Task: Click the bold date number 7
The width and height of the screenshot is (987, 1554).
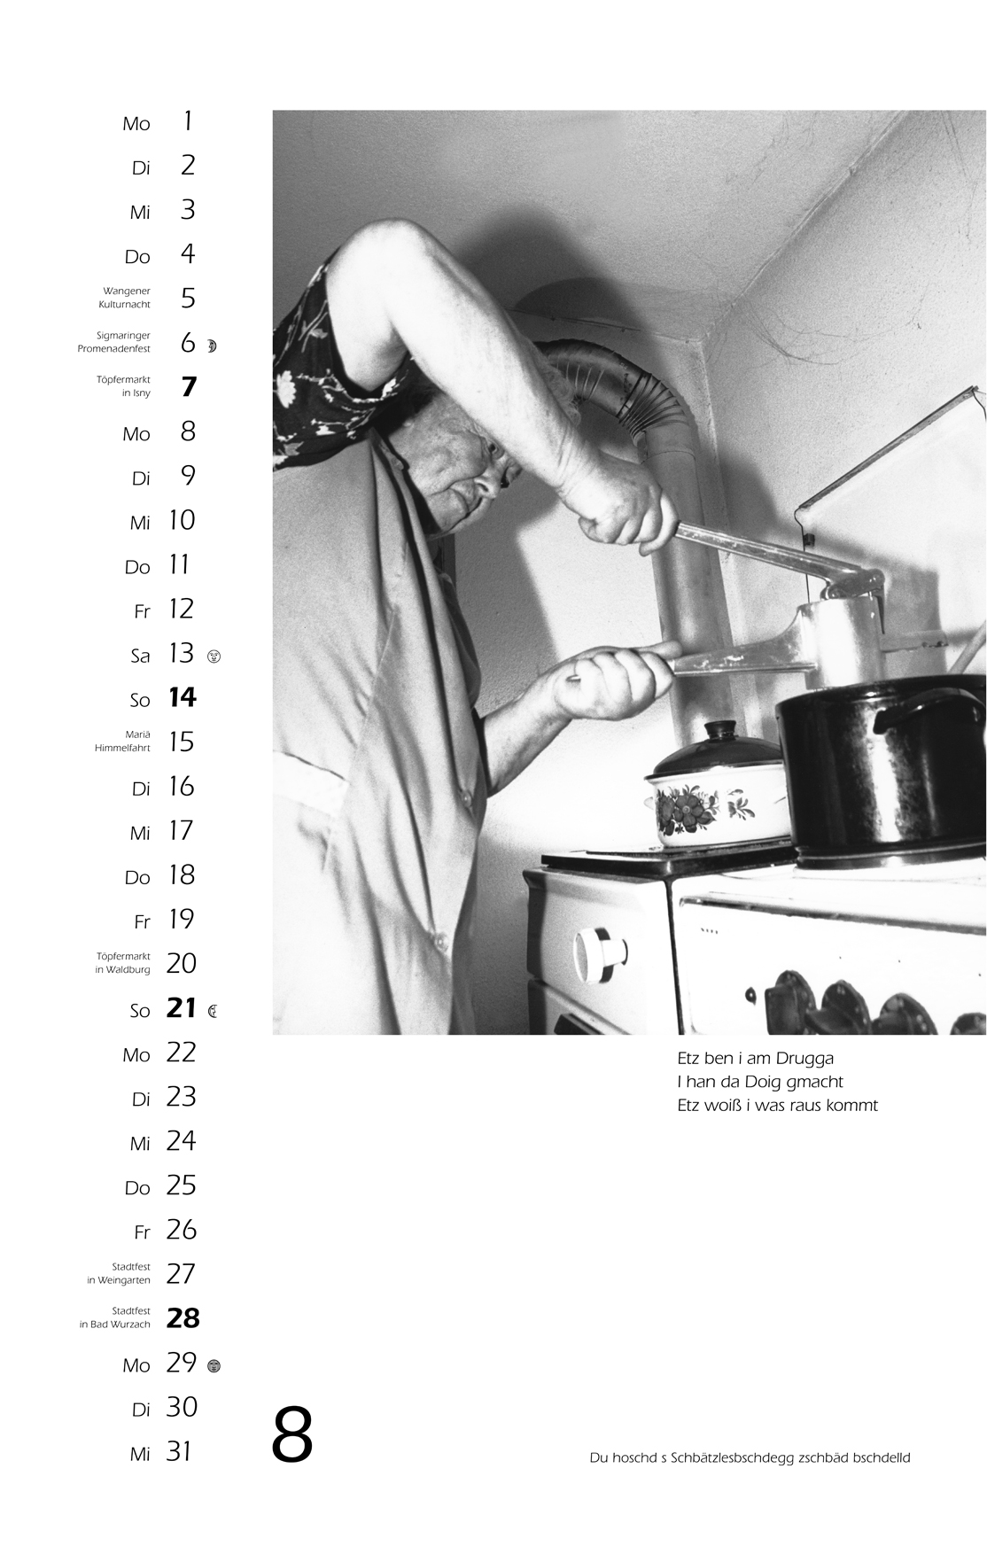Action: (188, 387)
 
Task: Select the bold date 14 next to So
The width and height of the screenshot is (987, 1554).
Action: (182, 698)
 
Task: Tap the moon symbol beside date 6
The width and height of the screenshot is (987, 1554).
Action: (212, 346)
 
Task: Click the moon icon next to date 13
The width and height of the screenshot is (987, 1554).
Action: (213, 657)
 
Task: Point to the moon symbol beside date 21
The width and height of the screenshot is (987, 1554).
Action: (213, 1010)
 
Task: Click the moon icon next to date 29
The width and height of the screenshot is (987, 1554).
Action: (213, 1366)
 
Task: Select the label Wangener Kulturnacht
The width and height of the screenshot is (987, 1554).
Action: (125, 298)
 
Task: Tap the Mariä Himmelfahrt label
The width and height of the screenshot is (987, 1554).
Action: (122, 742)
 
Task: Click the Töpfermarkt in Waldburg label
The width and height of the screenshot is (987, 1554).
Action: (122, 963)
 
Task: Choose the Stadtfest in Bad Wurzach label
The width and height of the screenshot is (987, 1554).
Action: (115, 1317)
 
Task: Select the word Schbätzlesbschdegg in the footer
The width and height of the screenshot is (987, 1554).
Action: (733, 1458)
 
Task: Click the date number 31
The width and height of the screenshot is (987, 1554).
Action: (179, 1451)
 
